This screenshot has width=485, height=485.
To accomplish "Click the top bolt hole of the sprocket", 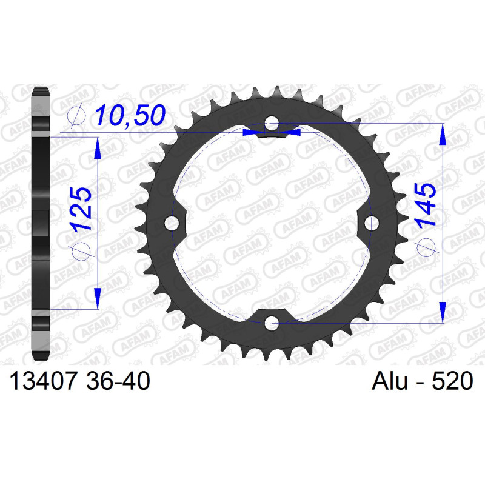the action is coord(271,124).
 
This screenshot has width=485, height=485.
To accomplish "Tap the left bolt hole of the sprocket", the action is coord(172,223).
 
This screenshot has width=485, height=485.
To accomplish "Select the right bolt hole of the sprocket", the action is coord(371,223).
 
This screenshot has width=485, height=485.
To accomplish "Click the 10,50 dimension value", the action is coord(130,115).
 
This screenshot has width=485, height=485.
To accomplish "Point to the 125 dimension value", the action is coord(81,209).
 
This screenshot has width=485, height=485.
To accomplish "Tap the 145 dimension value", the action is coord(426,206).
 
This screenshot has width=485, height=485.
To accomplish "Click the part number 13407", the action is coord(42,381).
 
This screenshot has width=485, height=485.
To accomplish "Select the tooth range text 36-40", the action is coord(118,381).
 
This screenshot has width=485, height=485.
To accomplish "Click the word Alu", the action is coord(390,381).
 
